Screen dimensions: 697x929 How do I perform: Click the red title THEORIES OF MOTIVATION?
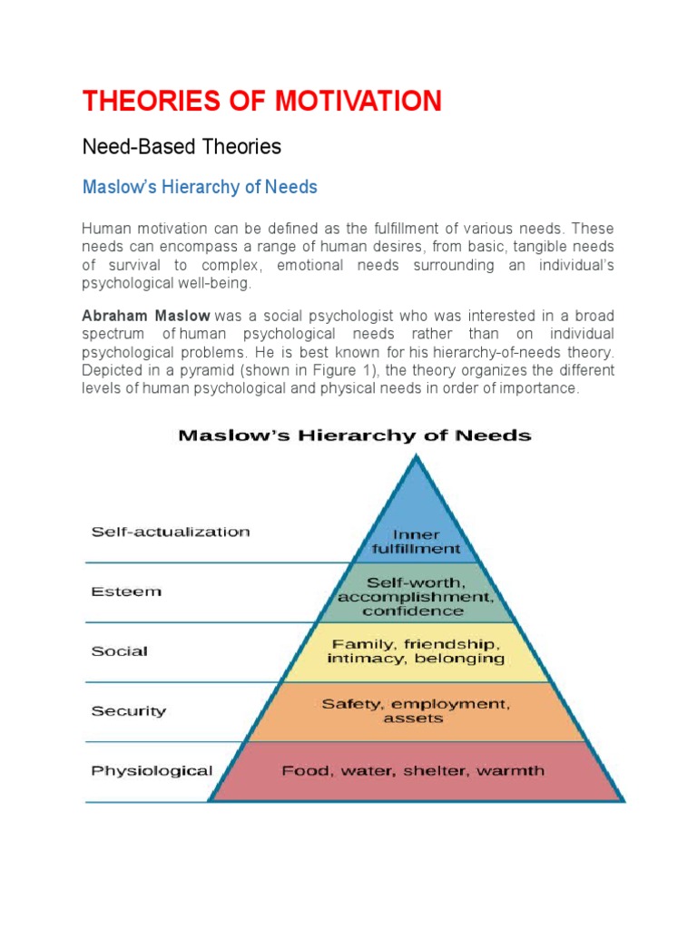262,101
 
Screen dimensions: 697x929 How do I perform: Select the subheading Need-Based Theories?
182,146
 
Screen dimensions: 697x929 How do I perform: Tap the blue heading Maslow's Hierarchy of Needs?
200,188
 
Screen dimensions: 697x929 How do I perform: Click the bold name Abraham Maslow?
146,316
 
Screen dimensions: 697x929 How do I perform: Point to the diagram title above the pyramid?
354,435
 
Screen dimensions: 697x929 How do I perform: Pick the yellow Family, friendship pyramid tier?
416,650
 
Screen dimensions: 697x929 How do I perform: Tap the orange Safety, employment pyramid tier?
416,710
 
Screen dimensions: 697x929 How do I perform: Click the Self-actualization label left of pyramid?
170,532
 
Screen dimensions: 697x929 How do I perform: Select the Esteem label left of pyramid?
126,592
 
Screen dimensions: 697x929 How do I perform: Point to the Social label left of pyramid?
120,651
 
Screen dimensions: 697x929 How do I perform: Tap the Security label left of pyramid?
128,711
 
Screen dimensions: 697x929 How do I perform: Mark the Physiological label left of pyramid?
152,771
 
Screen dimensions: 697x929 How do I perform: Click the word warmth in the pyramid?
513,771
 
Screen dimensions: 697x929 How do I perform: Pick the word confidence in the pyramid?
416,612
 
